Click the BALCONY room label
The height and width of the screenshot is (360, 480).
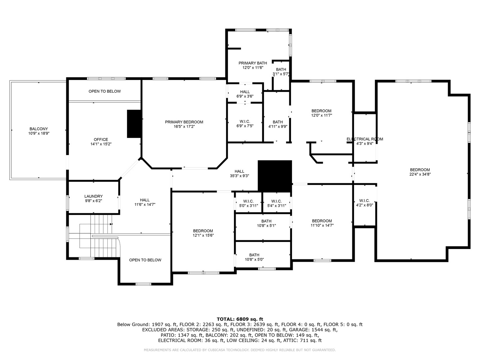pyautogui.click(x=39, y=129)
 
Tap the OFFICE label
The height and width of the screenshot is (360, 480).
pyautogui.click(x=101, y=139)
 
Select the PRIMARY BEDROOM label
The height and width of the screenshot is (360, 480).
pyautogui.click(x=184, y=122)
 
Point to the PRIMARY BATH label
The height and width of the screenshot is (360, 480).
pyautogui.click(x=253, y=63)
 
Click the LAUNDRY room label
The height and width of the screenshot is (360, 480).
pyautogui.click(x=93, y=196)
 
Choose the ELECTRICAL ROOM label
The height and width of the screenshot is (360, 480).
pyautogui.click(x=365, y=139)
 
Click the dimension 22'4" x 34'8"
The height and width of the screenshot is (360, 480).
pyautogui.click(x=420, y=174)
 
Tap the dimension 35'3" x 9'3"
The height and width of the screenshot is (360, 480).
pyautogui.click(x=239, y=176)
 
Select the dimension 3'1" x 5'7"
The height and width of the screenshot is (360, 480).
pyautogui.click(x=281, y=74)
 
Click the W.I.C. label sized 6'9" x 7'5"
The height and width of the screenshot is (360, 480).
pyautogui.click(x=245, y=122)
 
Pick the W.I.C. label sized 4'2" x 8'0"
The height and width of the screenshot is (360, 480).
pyautogui.click(x=364, y=201)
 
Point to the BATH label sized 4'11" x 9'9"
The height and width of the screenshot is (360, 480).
pyautogui.click(x=278, y=122)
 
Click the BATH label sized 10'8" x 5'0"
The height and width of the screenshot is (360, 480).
pyautogui.click(x=254, y=255)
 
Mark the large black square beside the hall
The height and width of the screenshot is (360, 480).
pyautogui.click(x=275, y=176)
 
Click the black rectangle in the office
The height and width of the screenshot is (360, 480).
pyautogui.click(x=134, y=124)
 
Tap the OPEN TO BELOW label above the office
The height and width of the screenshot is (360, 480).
pyautogui.click(x=105, y=91)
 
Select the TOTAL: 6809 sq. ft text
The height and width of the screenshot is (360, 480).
pyautogui.click(x=240, y=319)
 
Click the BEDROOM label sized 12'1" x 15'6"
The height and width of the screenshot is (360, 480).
pyautogui.click(x=203, y=231)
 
